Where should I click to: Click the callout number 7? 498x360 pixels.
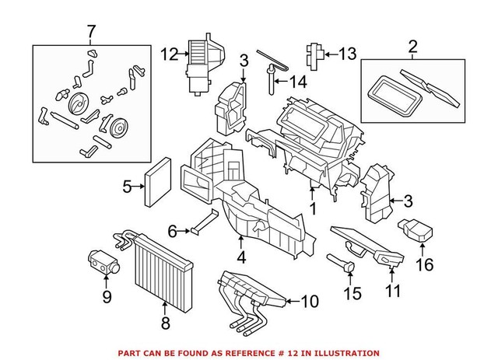click(92, 32)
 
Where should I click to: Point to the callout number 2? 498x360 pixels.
click(412, 46)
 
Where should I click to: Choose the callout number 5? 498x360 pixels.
click(127, 186)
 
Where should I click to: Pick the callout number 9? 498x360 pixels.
click(107, 296)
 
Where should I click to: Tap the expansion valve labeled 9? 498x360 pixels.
click(102, 259)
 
